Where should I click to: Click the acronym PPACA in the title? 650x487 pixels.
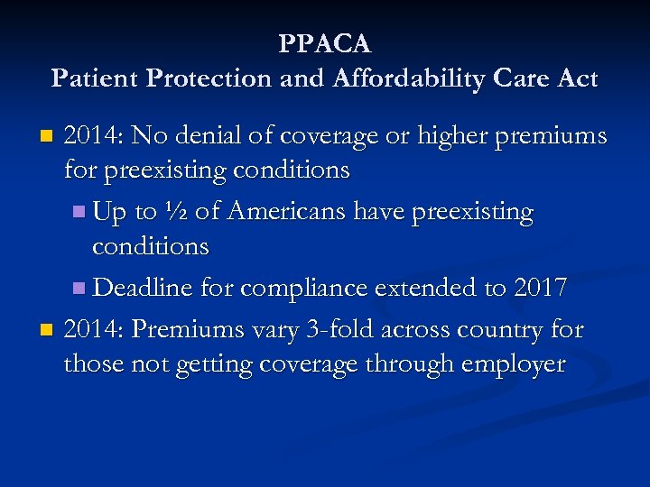[x=324, y=43]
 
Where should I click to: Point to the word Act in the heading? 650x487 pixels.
[x=577, y=78]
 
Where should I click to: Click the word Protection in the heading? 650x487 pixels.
[x=195, y=78]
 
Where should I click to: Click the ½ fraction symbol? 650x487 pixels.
[x=176, y=213]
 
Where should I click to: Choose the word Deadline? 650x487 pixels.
[x=137, y=289]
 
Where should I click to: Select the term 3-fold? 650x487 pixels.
[x=338, y=329]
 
